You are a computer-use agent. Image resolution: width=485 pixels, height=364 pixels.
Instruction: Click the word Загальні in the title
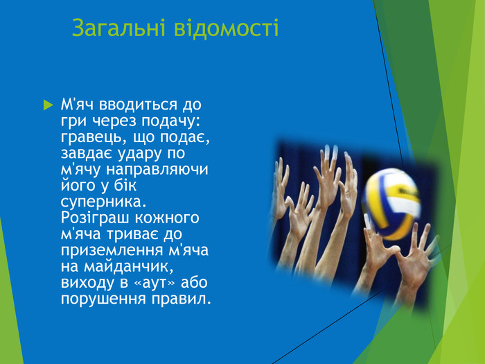[x=110, y=28]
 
